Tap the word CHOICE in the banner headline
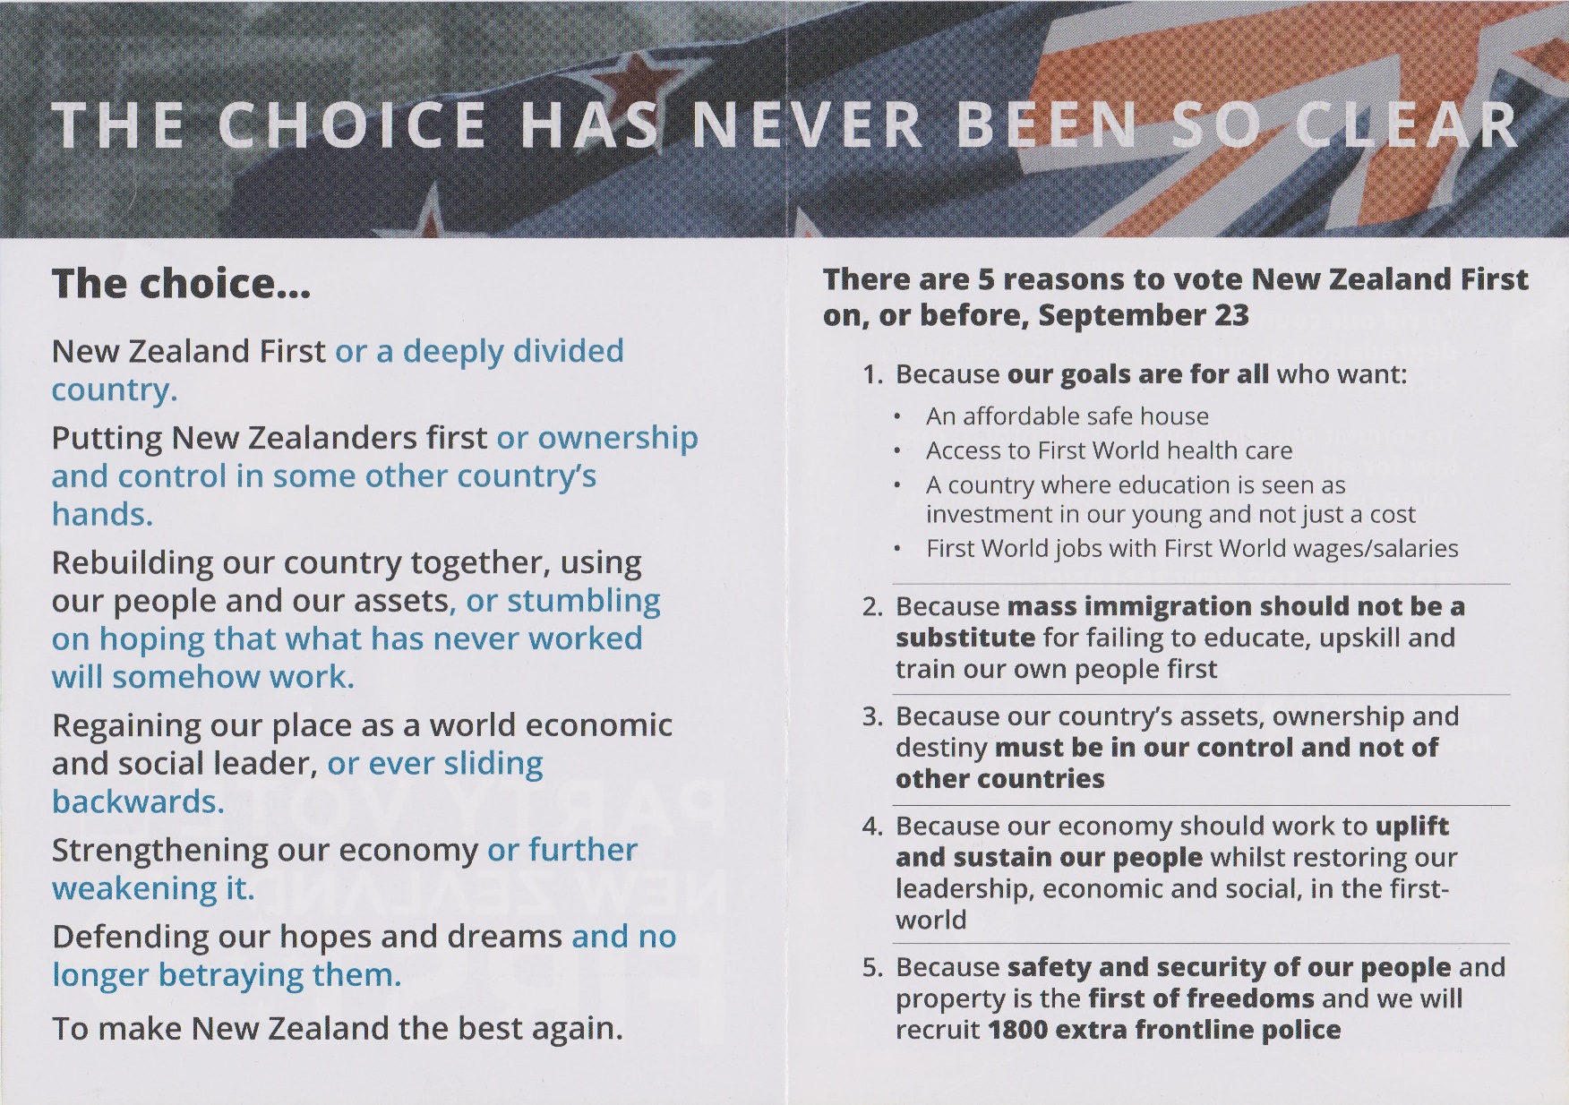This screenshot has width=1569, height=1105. point(353,124)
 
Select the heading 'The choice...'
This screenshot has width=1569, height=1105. point(182,284)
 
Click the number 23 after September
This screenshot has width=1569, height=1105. point(1231,315)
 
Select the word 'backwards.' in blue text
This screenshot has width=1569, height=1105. point(138,801)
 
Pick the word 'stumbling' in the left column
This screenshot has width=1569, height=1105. point(584,601)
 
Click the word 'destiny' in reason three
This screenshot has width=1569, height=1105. point(941,748)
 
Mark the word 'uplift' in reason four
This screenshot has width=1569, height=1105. point(1412,826)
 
